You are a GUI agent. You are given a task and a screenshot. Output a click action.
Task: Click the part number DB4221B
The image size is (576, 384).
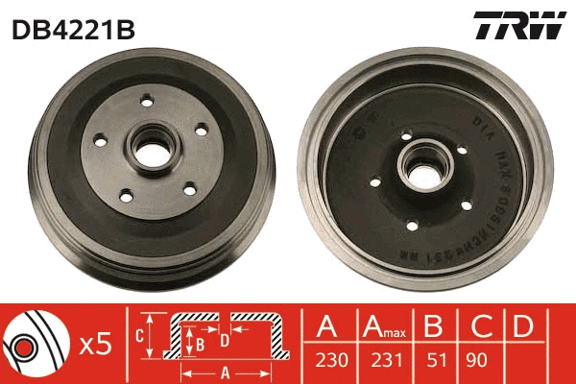pyautogui.click(x=73, y=29)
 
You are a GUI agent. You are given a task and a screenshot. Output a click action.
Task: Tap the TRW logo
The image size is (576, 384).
pyautogui.click(x=518, y=25)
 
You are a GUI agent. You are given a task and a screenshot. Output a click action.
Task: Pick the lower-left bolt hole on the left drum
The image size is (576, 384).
pyautogui.click(x=124, y=197)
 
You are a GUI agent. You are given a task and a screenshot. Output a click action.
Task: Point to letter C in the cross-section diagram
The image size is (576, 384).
pyautogui.click(x=138, y=336)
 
